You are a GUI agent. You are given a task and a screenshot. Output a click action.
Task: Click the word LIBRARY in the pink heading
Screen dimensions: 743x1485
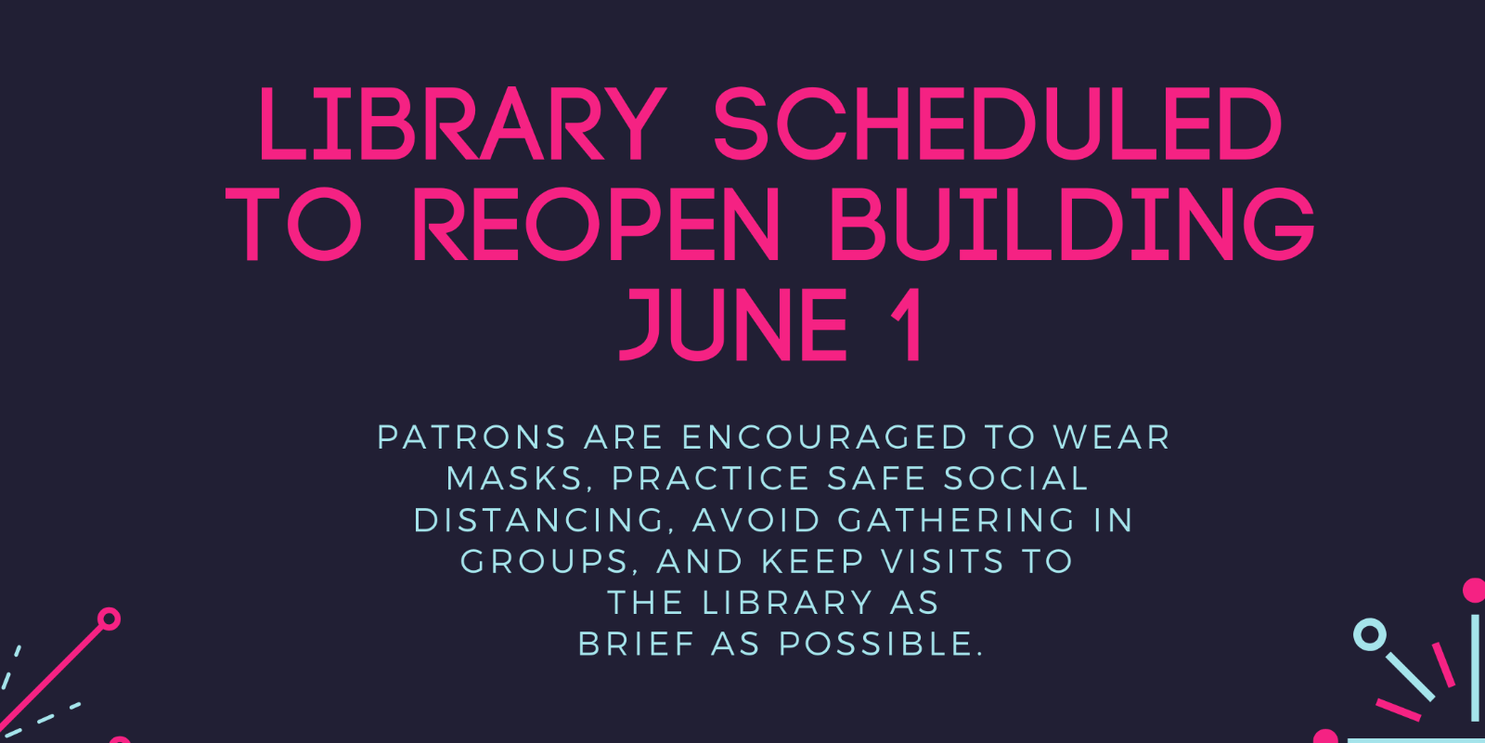coord(462,124)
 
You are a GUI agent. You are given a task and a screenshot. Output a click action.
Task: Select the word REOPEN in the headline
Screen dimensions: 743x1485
coord(597,225)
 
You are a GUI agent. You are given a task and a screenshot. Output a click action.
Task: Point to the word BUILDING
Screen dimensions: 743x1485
coord(1072,225)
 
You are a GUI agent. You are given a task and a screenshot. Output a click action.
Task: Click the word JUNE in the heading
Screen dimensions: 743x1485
coord(733,324)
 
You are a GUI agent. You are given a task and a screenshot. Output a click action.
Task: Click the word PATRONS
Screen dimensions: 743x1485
coord(471,437)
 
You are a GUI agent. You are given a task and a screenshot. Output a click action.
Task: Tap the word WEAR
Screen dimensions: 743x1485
coord(1111,437)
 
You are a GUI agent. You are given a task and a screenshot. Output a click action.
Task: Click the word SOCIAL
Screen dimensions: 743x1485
coord(1015,479)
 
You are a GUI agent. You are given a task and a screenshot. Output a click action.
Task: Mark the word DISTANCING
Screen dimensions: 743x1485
coord(540,520)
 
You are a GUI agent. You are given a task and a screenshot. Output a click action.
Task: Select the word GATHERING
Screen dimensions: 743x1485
coord(957,520)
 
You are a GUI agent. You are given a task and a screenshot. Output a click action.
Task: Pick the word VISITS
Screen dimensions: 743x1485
coord(943,562)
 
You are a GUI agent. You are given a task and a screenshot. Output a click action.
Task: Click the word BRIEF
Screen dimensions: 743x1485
coord(636,644)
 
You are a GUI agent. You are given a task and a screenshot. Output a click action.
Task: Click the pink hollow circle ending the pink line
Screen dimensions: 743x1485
coord(110,619)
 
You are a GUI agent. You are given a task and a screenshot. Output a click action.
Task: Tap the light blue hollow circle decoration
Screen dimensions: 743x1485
coord(1369,635)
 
